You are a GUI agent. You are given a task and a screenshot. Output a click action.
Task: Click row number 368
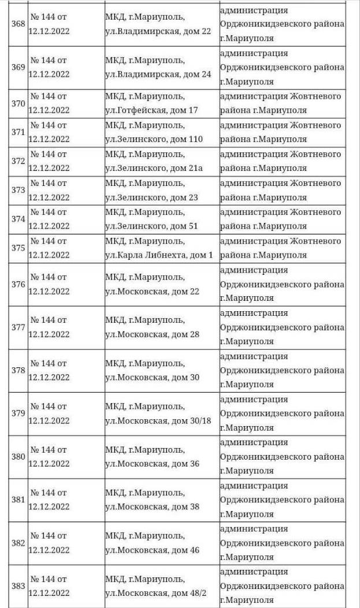click(18, 24)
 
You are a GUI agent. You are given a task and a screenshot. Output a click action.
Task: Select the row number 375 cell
click(18, 248)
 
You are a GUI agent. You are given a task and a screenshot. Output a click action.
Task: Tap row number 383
click(18, 585)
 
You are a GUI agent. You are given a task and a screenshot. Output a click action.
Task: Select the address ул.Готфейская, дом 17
click(151, 110)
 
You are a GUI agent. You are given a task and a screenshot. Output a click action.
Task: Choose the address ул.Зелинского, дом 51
click(151, 226)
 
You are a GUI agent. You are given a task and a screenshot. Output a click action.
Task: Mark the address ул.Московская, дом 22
click(152, 292)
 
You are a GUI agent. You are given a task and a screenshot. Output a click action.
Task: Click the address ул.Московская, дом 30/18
click(158, 420)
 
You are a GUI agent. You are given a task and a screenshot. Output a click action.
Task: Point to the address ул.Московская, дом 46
click(152, 550)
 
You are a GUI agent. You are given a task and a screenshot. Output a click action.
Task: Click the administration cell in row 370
click(280, 103)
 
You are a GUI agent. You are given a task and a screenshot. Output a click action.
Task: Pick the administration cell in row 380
click(282, 456)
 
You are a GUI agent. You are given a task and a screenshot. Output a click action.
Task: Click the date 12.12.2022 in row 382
click(49, 550)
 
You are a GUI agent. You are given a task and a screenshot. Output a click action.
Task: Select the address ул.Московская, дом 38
click(152, 507)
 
